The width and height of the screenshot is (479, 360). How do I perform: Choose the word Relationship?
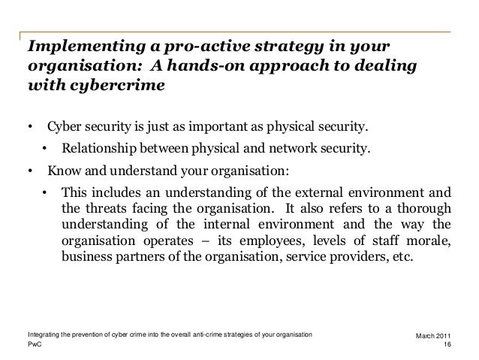click(x=103, y=147)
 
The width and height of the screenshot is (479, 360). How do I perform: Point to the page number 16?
click(x=448, y=344)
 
